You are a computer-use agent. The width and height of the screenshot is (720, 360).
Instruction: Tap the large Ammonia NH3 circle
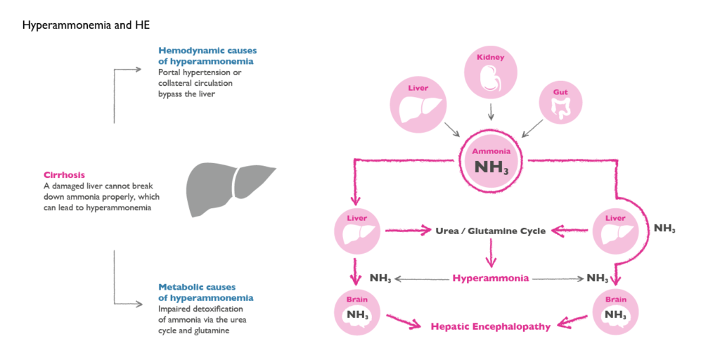click(x=490, y=162)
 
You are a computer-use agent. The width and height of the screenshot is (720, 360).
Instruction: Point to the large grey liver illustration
click(x=229, y=189)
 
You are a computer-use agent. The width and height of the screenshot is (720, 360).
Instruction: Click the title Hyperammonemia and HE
click(x=86, y=25)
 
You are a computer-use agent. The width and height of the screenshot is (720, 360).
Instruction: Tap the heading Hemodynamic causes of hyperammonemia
click(x=207, y=56)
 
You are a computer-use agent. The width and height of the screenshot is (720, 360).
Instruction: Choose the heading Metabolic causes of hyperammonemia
click(x=206, y=292)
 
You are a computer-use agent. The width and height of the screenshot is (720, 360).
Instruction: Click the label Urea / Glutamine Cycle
click(x=491, y=231)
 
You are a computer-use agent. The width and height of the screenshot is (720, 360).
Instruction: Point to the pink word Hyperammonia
click(x=491, y=278)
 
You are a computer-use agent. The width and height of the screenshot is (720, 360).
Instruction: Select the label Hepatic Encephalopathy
click(x=491, y=326)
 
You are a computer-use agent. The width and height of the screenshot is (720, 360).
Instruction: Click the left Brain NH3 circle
click(x=357, y=310)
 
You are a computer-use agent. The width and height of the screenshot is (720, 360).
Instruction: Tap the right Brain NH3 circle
click(x=615, y=310)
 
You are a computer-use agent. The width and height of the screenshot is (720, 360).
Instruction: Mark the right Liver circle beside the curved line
click(x=615, y=230)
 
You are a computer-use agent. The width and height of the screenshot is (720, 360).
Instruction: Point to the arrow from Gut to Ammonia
click(x=533, y=129)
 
